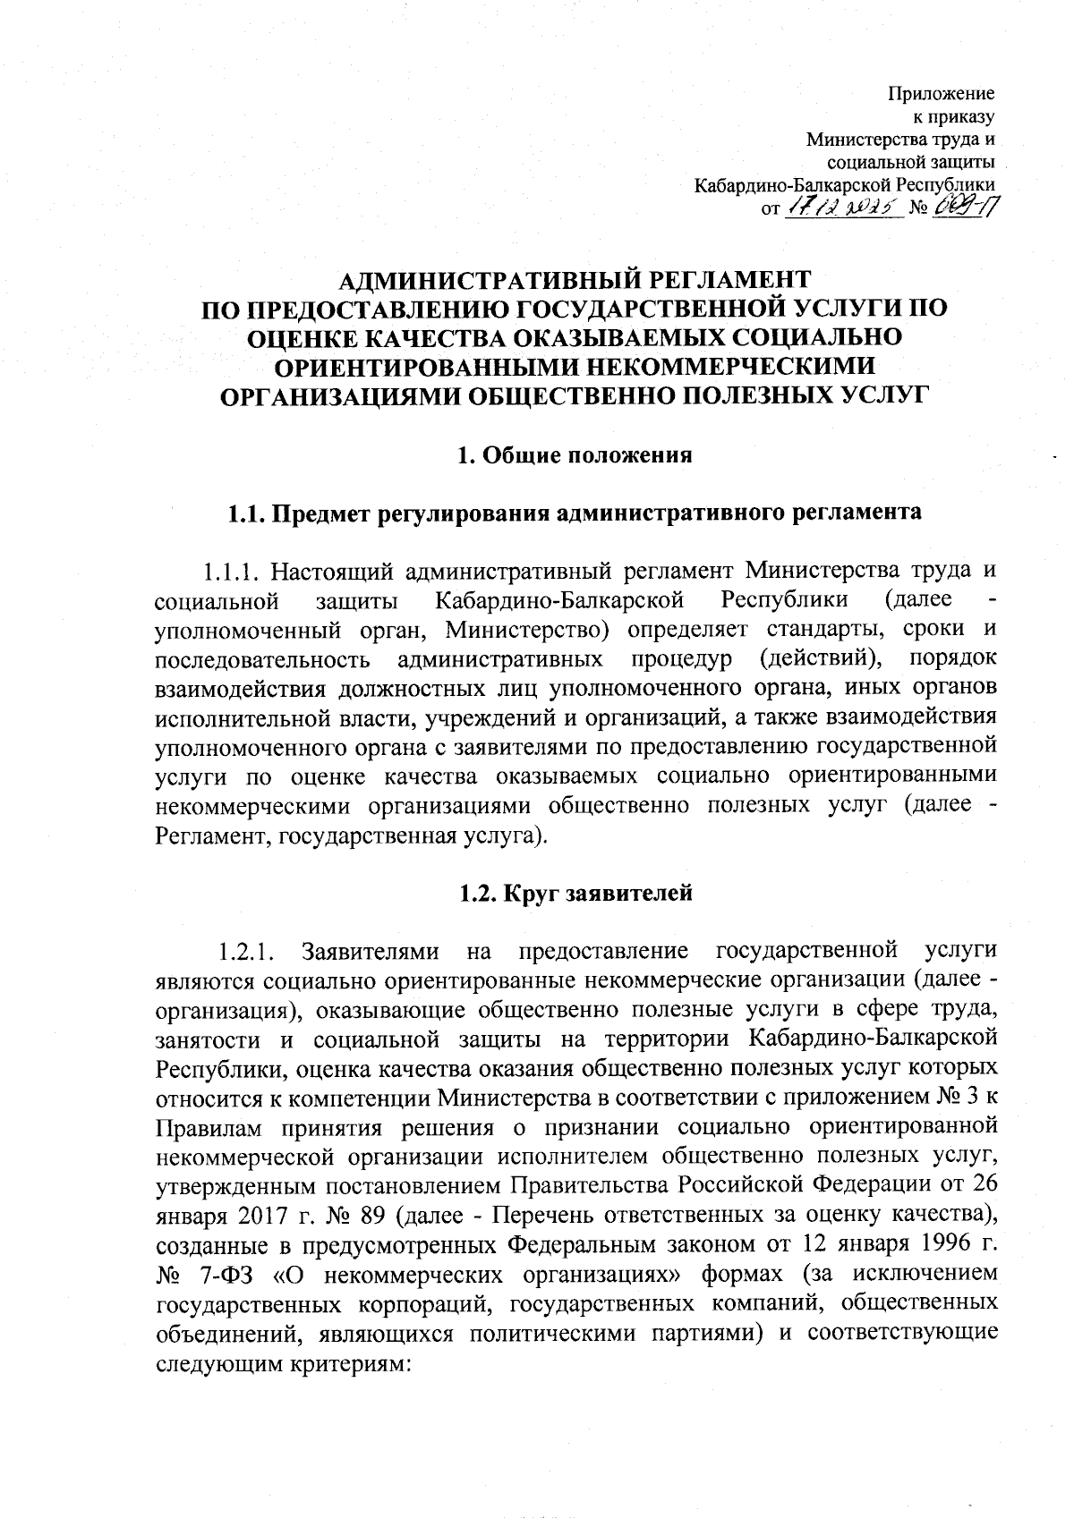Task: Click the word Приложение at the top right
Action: (942, 93)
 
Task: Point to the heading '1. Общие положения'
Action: (575, 455)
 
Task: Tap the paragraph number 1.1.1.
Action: (230, 570)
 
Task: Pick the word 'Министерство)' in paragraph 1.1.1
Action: (528, 630)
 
